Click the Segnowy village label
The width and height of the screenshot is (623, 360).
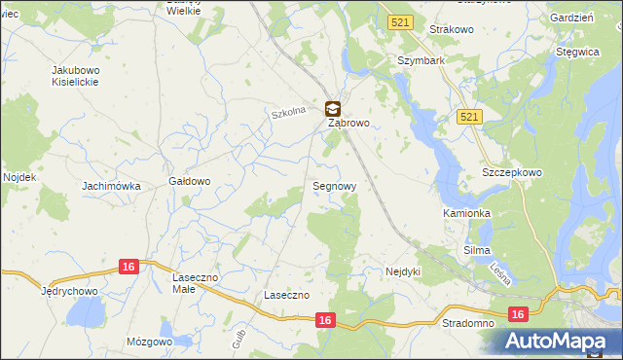click(334, 185)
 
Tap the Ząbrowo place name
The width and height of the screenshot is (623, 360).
click(348, 125)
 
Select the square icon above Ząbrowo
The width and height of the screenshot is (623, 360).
click(332, 109)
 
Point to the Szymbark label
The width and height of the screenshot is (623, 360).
click(421, 60)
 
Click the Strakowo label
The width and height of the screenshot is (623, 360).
click(449, 30)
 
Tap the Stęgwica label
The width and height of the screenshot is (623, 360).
click(576, 52)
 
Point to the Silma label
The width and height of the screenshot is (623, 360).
click(476, 250)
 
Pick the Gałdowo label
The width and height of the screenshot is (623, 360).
click(190, 181)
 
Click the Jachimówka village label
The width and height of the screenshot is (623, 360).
click(111, 186)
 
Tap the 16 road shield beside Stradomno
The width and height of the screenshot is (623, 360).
click(518, 313)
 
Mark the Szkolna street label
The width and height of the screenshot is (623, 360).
click(288, 113)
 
